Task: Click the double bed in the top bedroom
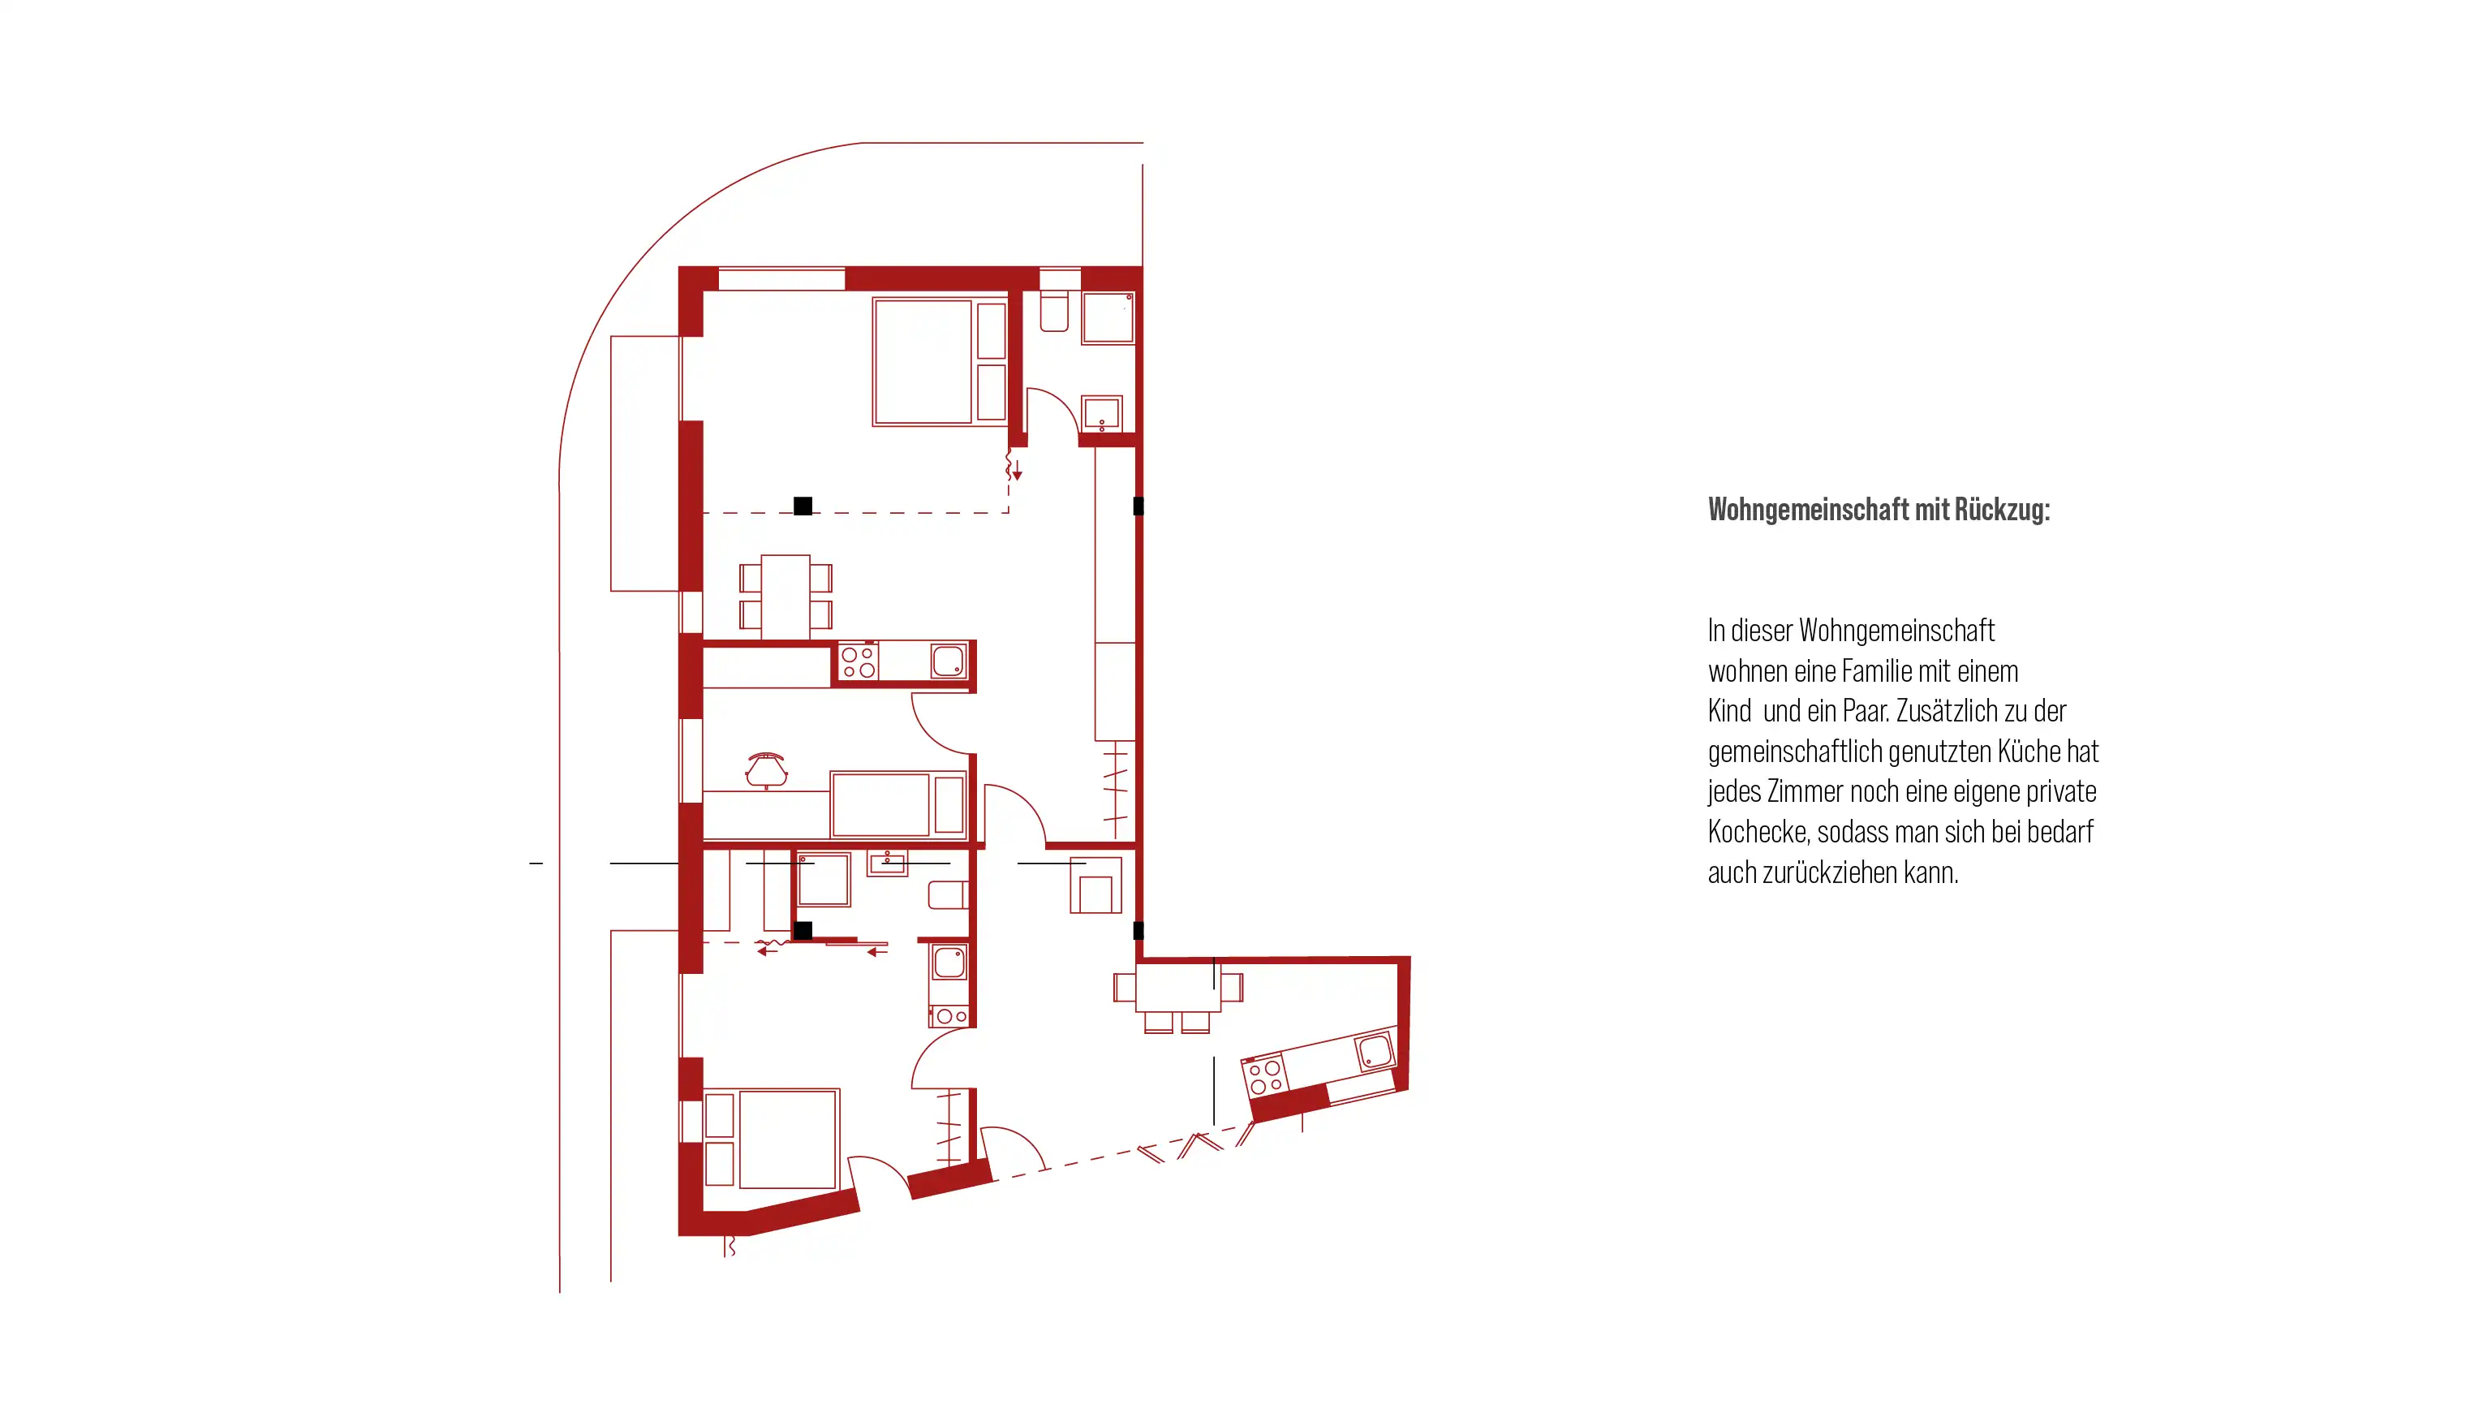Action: coord(939,361)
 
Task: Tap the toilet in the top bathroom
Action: coord(1053,311)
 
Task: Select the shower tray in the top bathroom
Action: coord(1108,317)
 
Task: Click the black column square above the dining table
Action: coord(803,506)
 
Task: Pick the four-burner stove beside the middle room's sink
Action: coord(859,662)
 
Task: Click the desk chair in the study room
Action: coord(766,769)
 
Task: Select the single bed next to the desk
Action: coord(899,804)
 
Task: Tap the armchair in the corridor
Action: coord(1095,885)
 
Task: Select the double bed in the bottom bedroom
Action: coord(772,1139)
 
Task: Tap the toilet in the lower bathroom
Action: coord(947,895)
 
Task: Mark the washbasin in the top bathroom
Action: coord(1102,414)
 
